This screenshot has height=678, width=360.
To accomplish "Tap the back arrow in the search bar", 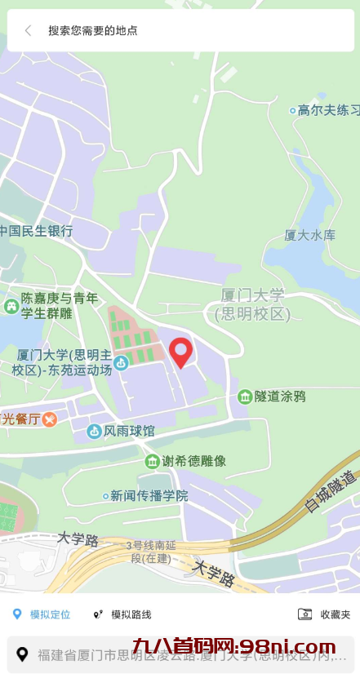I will click(28, 31).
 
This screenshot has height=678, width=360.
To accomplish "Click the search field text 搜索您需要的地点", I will click(92, 31).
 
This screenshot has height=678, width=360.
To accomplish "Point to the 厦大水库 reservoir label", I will click(309, 235).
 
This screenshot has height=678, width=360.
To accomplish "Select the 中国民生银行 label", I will click(37, 231).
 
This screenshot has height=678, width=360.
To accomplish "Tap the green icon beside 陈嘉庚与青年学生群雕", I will click(11, 306).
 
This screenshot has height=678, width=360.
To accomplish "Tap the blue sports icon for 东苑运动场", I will click(121, 362).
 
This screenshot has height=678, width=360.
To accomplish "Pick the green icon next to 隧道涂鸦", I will click(244, 397).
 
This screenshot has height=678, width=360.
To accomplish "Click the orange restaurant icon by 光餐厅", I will click(50, 419).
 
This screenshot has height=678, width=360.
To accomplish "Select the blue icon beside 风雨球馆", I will click(94, 431).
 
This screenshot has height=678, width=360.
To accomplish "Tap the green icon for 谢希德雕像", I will click(152, 462).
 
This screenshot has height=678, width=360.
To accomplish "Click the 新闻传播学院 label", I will click(149, 495).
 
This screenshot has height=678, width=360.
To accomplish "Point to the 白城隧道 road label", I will click(332, 492).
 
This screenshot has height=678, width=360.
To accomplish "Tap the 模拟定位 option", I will click(42, 614).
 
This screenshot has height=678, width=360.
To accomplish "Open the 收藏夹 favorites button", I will click(325, 614).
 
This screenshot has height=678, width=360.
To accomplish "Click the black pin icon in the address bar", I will click(23, 654).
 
